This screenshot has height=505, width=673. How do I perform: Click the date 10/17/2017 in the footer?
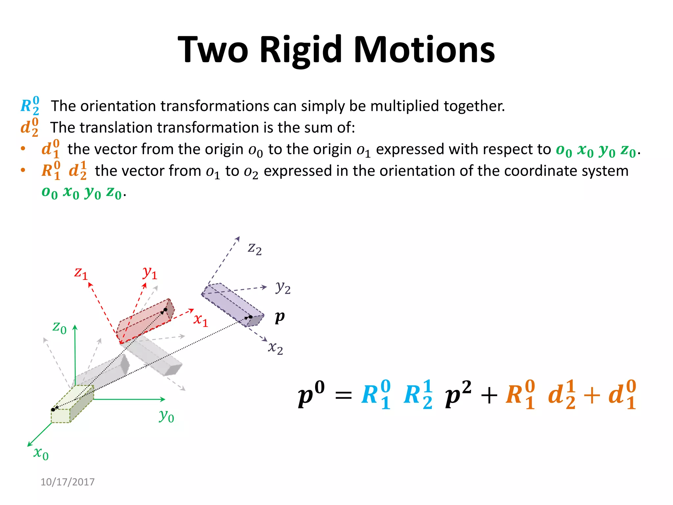[67, 482]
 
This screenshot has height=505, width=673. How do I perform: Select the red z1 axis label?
[81, 273]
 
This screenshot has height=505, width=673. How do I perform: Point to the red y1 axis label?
[150, 273]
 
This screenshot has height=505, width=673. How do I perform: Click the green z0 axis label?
[59, 327]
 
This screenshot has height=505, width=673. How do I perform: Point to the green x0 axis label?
[41, 453]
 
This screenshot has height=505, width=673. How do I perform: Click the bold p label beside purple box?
[280, 317]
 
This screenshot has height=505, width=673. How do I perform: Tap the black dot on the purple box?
[250, 317]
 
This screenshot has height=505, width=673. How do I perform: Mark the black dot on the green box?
[53, 410]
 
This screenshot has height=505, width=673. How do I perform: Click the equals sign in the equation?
[343, 396]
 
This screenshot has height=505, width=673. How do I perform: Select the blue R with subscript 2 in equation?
[417, 395]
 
